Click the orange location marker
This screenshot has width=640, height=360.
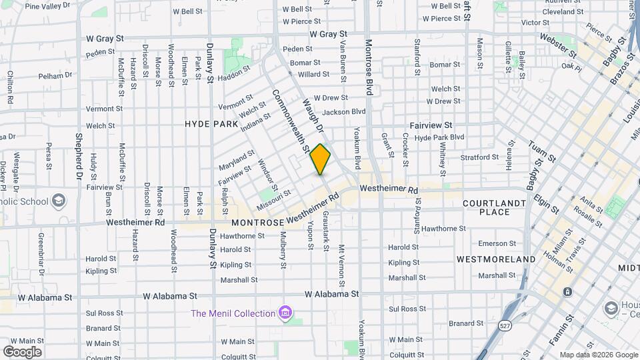click(x=320, y=159)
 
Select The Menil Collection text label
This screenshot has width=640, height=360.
click(x=233, y=313)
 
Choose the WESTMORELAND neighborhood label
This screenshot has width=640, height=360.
click(x=496, y=259)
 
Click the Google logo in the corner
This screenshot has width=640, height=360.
click(x=22, y=351)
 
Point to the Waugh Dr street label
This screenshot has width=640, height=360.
click(x=313, y=115)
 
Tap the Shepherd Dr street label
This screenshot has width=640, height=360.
click(x=79, y=156)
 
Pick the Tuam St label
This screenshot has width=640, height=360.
click(x=541, y=153)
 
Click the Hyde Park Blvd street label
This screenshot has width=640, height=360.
click(x=439, y=137)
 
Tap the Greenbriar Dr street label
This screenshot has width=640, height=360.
click(x=41, y=253)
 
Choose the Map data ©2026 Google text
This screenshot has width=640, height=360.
click(x=599, y=355)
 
